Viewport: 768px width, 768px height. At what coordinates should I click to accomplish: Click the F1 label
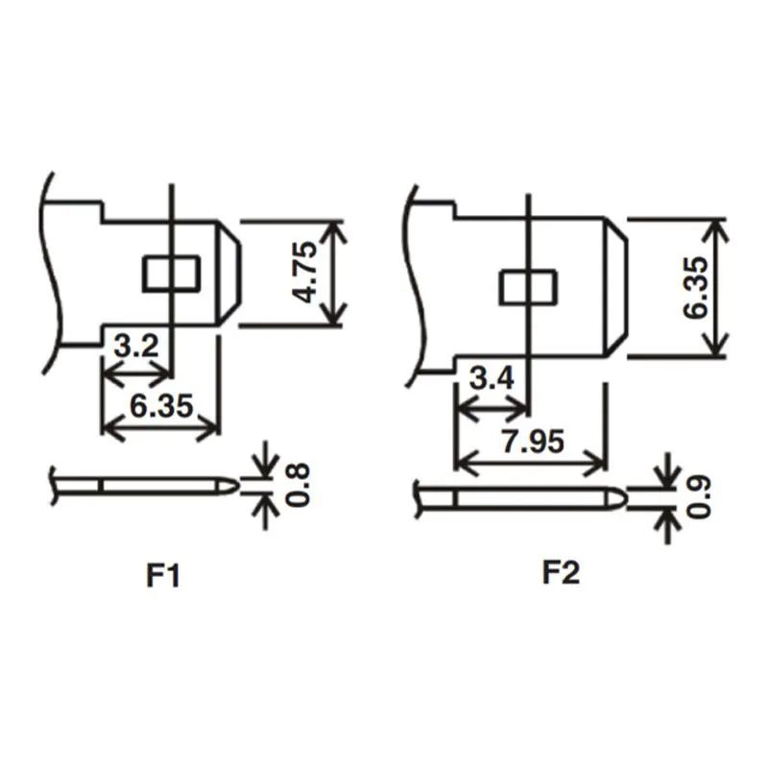(x=163, y=576)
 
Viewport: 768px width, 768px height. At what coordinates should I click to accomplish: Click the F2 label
(x=562, y=573)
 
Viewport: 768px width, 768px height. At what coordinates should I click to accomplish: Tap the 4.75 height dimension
(x=306, y=274)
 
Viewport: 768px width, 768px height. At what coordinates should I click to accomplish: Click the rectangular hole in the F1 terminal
(x=171, y=274)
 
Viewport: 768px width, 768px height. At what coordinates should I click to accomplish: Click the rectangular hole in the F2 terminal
(x=528, y=287)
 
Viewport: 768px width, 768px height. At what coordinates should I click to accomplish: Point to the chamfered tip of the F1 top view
(x=230, y=274)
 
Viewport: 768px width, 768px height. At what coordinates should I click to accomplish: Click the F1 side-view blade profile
(x=154, y=486)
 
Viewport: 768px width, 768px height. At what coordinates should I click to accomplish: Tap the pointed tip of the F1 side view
(x=233, y=486)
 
